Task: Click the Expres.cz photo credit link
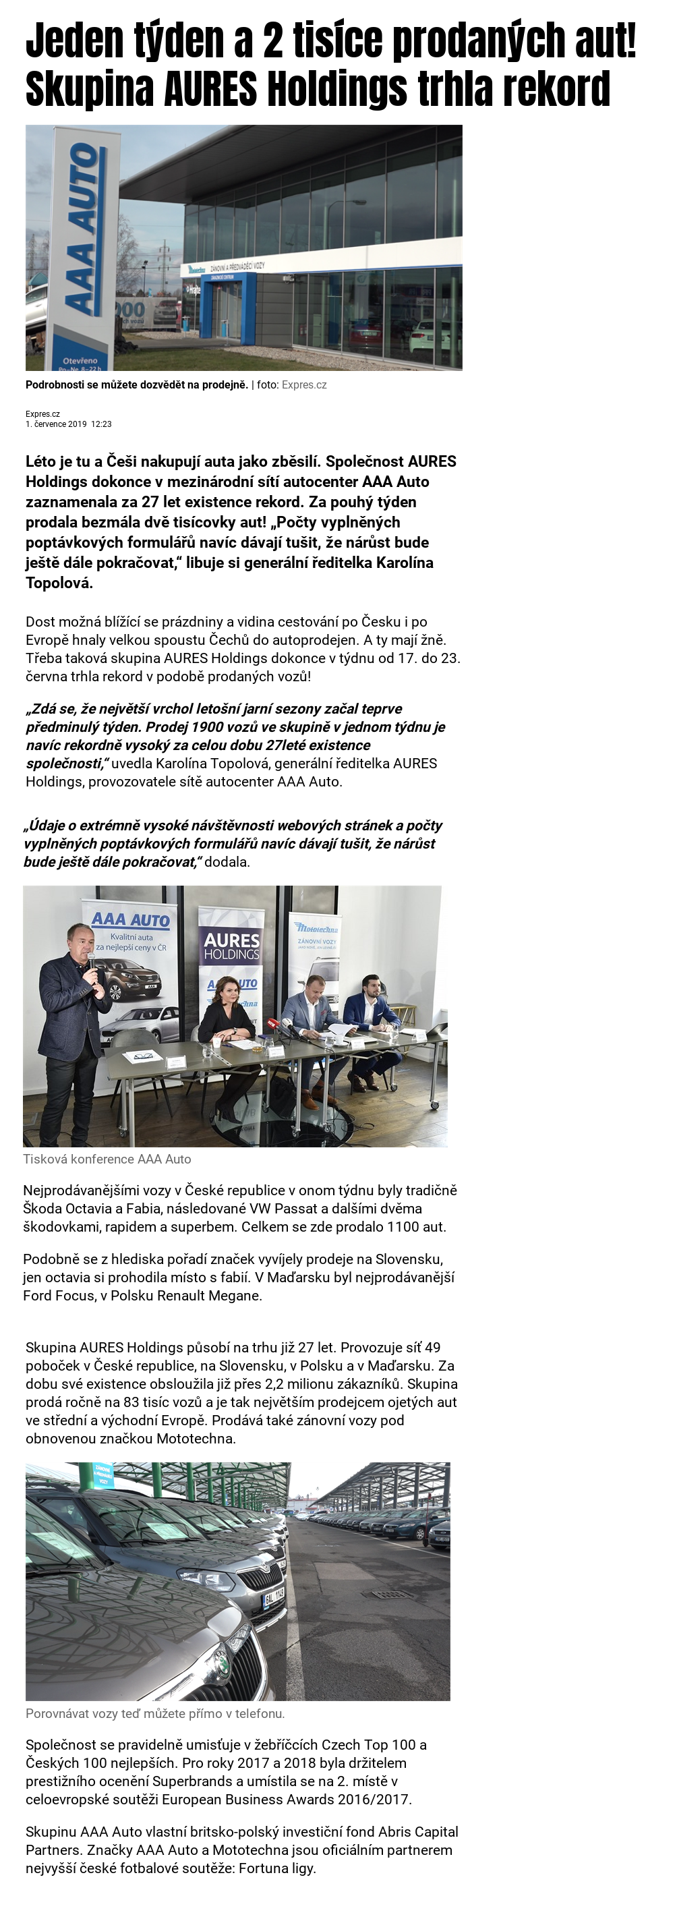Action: (x=304, y=384)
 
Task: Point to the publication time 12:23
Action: (x=101, y=424)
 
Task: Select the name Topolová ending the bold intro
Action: (x=59, y=583)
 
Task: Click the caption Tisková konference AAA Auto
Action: (x=107, y=1159)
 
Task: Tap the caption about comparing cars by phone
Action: (x=155, y=1714)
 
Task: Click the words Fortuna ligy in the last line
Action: (x=277, y=1868)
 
